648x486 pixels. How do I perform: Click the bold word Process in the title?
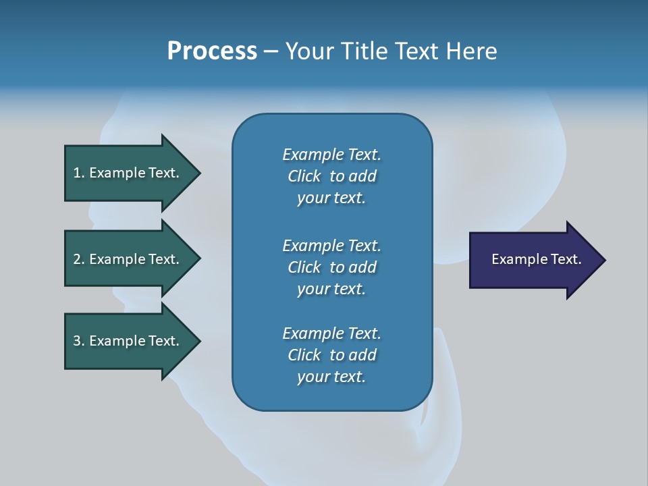tap(212, 51)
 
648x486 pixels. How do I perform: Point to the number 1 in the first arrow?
tap(77, 173)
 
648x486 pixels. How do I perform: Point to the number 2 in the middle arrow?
tap(77, 259)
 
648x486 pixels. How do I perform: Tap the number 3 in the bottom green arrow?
tap(77, 341)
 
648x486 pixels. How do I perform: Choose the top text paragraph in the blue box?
tap(331, 176)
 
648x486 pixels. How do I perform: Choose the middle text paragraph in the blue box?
tap(331, 267)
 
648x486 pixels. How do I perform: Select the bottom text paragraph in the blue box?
tap(331, 355)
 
